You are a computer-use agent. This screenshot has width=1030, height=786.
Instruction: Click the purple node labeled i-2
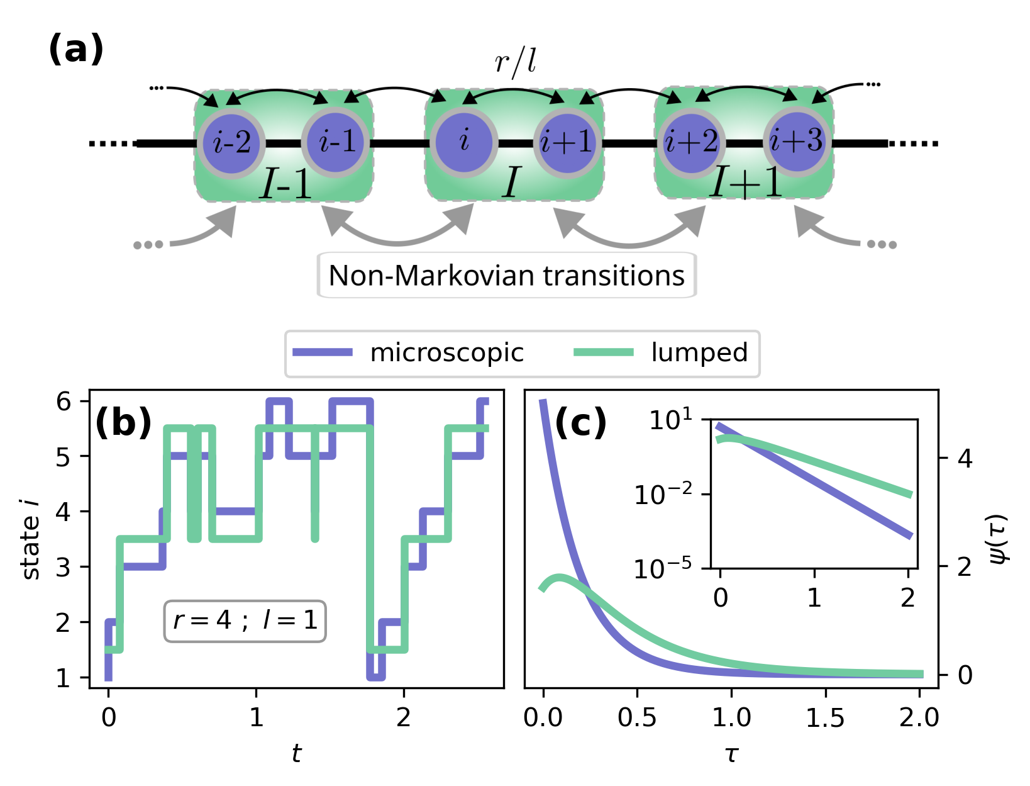[x=231, y=143]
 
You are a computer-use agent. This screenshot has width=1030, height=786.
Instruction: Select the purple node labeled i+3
[x=797, y=142]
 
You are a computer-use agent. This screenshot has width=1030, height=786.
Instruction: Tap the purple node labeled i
[x=464, y=142]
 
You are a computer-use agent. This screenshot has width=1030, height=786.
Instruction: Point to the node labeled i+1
[x=567, y=143]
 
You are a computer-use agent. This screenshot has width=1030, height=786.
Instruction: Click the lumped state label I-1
[x=286, y=184]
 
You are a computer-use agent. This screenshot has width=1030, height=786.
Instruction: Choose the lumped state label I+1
[x=746, y=183]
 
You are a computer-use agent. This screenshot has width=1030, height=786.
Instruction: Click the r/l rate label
[x=515, y=62]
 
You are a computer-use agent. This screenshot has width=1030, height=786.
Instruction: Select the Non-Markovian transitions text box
[x=507, y=276]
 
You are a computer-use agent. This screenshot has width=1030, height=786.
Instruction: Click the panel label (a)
[x=75, y=49]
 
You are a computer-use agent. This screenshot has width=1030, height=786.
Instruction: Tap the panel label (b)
[x=123, y=422]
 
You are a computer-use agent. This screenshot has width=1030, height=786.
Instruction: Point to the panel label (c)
[x=580, y=422]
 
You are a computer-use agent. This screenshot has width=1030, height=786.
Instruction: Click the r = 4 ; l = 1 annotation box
[x=245, y=621]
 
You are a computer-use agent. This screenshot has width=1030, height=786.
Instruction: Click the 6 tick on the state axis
[x=64, y=401]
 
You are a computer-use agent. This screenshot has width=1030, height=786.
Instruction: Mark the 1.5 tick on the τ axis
[x=825, y=717]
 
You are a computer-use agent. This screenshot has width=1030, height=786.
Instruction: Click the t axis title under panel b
[x=297, y=753]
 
